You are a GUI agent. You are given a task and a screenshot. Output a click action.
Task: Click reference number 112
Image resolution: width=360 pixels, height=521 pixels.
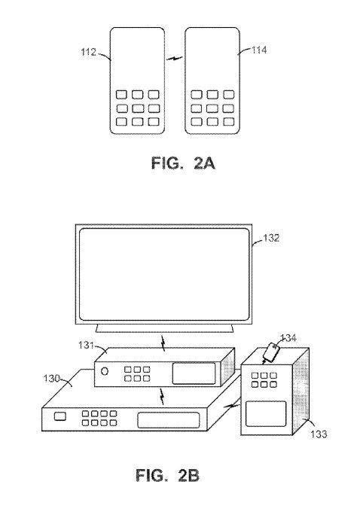point(88,52)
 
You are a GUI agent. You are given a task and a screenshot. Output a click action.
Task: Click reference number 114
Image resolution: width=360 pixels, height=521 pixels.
point(259,50)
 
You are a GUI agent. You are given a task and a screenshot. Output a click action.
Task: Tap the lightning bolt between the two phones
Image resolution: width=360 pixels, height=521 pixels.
point(175,59)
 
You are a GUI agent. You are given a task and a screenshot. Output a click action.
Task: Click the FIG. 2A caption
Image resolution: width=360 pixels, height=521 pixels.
point(183,163)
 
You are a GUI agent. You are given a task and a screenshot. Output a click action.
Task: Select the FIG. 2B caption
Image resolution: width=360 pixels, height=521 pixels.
point(167,476)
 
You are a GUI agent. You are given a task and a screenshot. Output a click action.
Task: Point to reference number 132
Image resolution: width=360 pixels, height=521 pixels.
point(271,238)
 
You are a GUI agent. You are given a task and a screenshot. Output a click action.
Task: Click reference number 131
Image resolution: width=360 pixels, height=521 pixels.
point(86,346)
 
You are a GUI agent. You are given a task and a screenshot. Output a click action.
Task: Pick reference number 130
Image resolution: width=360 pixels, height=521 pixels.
point(51,378)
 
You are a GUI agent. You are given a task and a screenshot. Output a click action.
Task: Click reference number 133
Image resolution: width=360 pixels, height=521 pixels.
point(319,434)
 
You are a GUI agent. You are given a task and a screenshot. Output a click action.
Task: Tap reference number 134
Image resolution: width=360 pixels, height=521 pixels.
point(288,338)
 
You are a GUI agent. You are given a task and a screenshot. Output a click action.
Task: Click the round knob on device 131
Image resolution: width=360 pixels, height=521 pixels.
point(105,371)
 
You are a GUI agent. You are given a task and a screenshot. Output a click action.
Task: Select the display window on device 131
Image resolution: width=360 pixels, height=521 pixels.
point(194,373)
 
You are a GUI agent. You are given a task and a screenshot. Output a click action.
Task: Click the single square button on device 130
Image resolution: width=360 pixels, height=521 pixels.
point(59,416)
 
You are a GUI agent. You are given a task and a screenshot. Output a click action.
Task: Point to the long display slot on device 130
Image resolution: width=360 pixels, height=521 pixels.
point(169,420)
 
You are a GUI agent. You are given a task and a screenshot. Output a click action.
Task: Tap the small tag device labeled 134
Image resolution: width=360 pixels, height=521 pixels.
point(271,352)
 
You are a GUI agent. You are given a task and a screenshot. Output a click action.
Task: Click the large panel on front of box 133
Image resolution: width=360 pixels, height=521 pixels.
point(266,413)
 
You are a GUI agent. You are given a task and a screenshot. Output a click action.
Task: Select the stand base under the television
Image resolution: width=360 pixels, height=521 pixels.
point(164,328)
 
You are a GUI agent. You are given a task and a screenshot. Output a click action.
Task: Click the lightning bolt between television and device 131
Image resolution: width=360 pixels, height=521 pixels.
point(163,343)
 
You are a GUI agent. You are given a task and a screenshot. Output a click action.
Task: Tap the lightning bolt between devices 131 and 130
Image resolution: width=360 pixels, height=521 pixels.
point(162,397)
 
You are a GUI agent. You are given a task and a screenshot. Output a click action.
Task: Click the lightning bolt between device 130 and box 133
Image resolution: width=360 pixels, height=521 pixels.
point(231,404)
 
